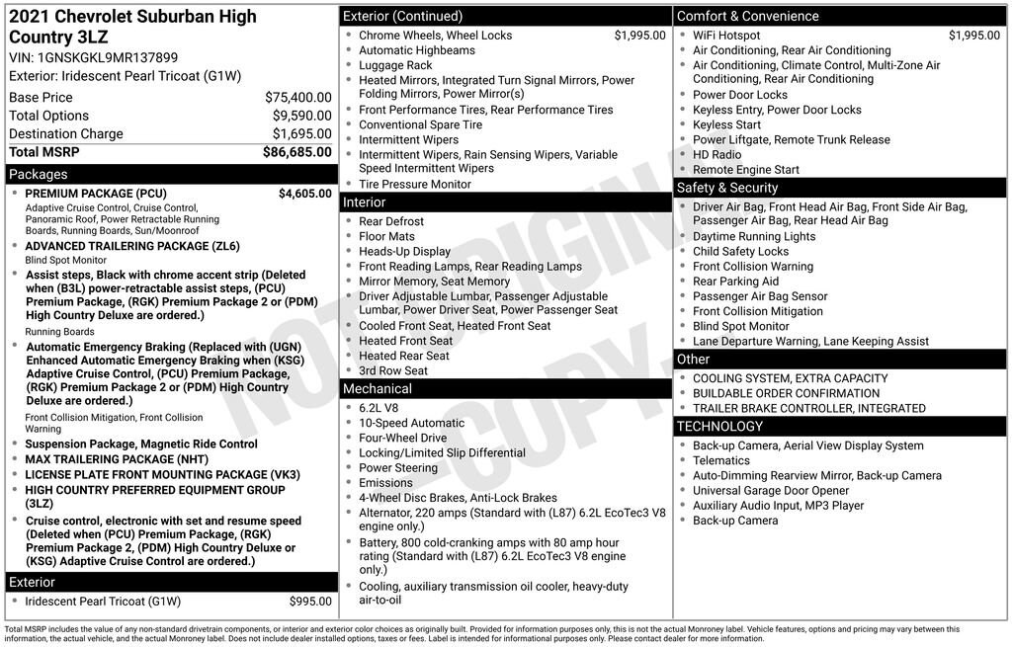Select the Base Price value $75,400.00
coord(297,98)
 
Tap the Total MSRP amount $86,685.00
coord(296,152)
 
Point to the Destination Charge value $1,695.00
coord(301,134)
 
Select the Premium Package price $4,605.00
coord(304,194)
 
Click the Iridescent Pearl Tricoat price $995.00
coord(310,602)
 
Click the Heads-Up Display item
coord(404,252)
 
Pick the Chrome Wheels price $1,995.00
coord(639,36)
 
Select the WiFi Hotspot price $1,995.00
coord(973,36)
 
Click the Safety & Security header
coord(726,188)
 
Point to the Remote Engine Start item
coord(746,170)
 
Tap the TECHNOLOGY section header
coord(719,427)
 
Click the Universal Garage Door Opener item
coord(771,491)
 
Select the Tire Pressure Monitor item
coord(414,185)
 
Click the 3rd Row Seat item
coord(393,371)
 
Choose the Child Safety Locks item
coord(740,252)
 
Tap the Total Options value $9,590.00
coord(301,116)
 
